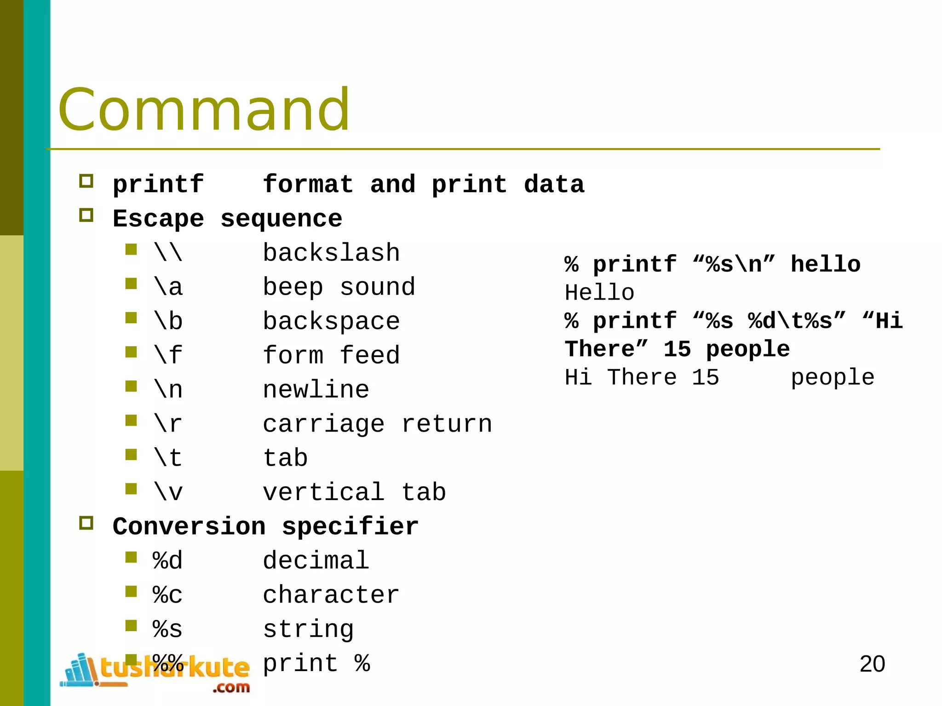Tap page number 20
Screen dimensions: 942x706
point(872,664)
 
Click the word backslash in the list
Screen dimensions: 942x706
point(331,253)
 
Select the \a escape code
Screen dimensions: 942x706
point(168,287)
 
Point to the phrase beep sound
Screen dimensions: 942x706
point(339,287)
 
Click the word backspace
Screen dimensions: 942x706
point(331,321)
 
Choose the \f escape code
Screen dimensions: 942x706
point(168,355)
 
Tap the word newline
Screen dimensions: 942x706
point(316,390)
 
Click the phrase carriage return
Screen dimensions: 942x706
point(377,424)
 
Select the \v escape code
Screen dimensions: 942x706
point(168,492)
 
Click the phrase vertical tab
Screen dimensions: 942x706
point(354,492)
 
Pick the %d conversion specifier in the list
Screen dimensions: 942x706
point(167,561)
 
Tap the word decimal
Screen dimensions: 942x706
point(316,561)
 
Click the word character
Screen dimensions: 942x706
point(331,595)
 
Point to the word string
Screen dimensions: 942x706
point(308,629)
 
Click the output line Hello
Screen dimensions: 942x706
point(599,293)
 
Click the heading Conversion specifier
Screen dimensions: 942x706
point(265,526)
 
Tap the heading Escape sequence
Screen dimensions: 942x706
point(227,218)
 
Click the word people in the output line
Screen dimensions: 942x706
point(832,378)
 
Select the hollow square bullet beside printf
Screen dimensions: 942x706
point(86,181)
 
